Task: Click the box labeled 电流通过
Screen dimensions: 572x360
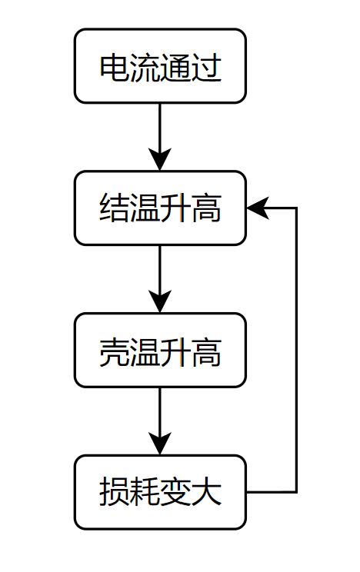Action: pos(160,66)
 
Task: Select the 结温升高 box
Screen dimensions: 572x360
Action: pos(160,208)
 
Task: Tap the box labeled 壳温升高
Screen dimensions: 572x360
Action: pos(160,351)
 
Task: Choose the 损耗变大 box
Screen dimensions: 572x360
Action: pos(160,492)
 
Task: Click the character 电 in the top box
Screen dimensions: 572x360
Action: pos(115,68)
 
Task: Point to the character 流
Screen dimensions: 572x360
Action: pos(145,68)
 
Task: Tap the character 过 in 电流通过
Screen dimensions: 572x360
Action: pos(206,68)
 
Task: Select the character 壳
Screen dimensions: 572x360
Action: pos(115,351)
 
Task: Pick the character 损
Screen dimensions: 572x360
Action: pos(115,493)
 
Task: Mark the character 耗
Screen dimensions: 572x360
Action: pos(145,493)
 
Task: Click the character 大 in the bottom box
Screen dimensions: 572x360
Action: pos(206,493)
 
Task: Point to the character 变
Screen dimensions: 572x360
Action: pos(176,493)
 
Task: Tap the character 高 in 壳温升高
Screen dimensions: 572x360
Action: pos(206,351)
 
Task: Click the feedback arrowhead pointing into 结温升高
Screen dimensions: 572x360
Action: pos(256,208)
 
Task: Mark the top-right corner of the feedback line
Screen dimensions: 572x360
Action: pos(296,208)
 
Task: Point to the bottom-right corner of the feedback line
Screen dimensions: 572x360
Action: pos(296,491)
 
